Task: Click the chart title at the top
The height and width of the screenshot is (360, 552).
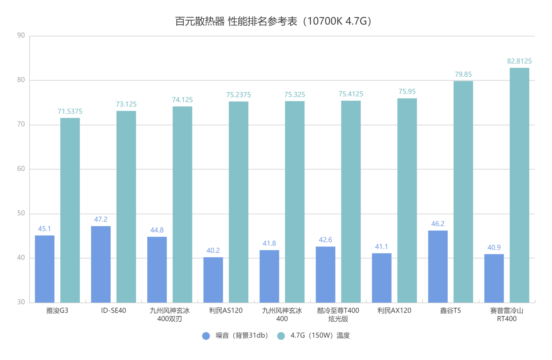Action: tap(273, 21)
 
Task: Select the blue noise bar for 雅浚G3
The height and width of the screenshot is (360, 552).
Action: tap(45, 269)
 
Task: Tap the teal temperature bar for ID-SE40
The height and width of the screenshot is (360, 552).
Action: tap(126, 206)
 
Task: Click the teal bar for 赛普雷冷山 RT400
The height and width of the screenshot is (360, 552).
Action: tap(519, 185)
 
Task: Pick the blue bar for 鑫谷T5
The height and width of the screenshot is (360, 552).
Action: tap(438, 266)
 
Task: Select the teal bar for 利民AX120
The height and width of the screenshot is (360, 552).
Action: tap(407, 200)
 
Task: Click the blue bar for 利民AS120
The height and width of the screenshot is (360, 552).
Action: tap(213, 280)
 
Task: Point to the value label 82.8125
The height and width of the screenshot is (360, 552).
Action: tap(519, 61)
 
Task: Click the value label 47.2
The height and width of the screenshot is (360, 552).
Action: tap(101, 219)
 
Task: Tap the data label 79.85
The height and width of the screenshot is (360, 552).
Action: tap(463, 74)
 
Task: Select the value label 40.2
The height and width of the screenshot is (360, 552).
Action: tap(213, 250)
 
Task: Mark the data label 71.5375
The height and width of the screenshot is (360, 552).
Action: tap(70, 111)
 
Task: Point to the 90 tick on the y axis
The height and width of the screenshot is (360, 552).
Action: tap(21, 35)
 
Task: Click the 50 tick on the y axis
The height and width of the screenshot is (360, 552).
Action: tap(21, 213)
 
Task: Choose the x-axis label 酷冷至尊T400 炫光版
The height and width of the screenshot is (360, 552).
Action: tap(338, 315)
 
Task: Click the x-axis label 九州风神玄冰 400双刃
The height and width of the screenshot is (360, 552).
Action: tap(170, 315)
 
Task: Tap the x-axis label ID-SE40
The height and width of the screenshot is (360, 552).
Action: tap(113, 311)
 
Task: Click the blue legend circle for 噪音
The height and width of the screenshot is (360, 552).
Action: tap(206, 336)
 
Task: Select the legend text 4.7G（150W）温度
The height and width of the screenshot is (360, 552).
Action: tap(320, 336)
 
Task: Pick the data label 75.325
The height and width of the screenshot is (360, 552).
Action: tap(295, 95)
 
